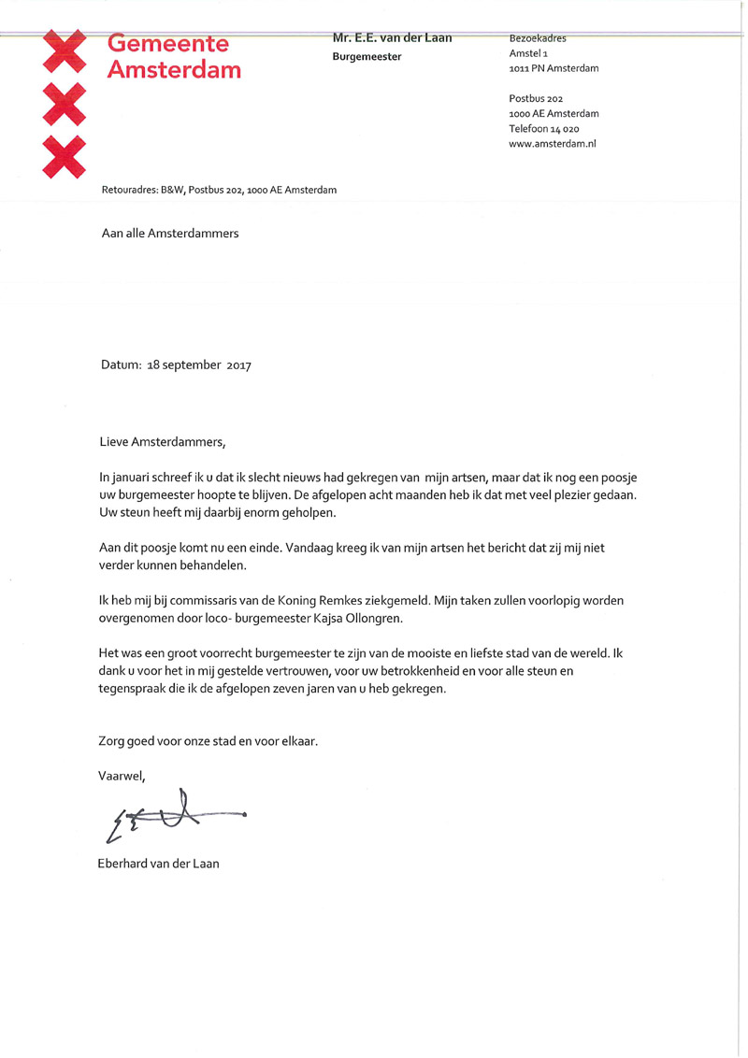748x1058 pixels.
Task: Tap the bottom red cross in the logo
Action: [x=65, y=156]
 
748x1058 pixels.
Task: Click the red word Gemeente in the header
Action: [x=168, y=43]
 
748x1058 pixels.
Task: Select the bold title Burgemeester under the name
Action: [x=367, y=57]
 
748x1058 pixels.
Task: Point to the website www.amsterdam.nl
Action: [x=553, y=144]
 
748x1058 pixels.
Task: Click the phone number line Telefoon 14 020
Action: [x=544, y=129]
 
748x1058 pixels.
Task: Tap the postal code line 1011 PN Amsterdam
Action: [x=554, y=68]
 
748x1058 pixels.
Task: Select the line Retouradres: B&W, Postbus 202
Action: [x=219, y=190]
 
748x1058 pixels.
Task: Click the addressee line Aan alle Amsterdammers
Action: [x=169, y=234]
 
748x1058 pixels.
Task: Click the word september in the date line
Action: [x=194, y=366]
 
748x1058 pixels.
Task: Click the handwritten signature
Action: [x=173, y=815]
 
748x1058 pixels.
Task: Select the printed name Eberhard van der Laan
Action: [x=158, y=864]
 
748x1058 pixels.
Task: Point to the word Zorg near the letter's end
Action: [x=112, y=741]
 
